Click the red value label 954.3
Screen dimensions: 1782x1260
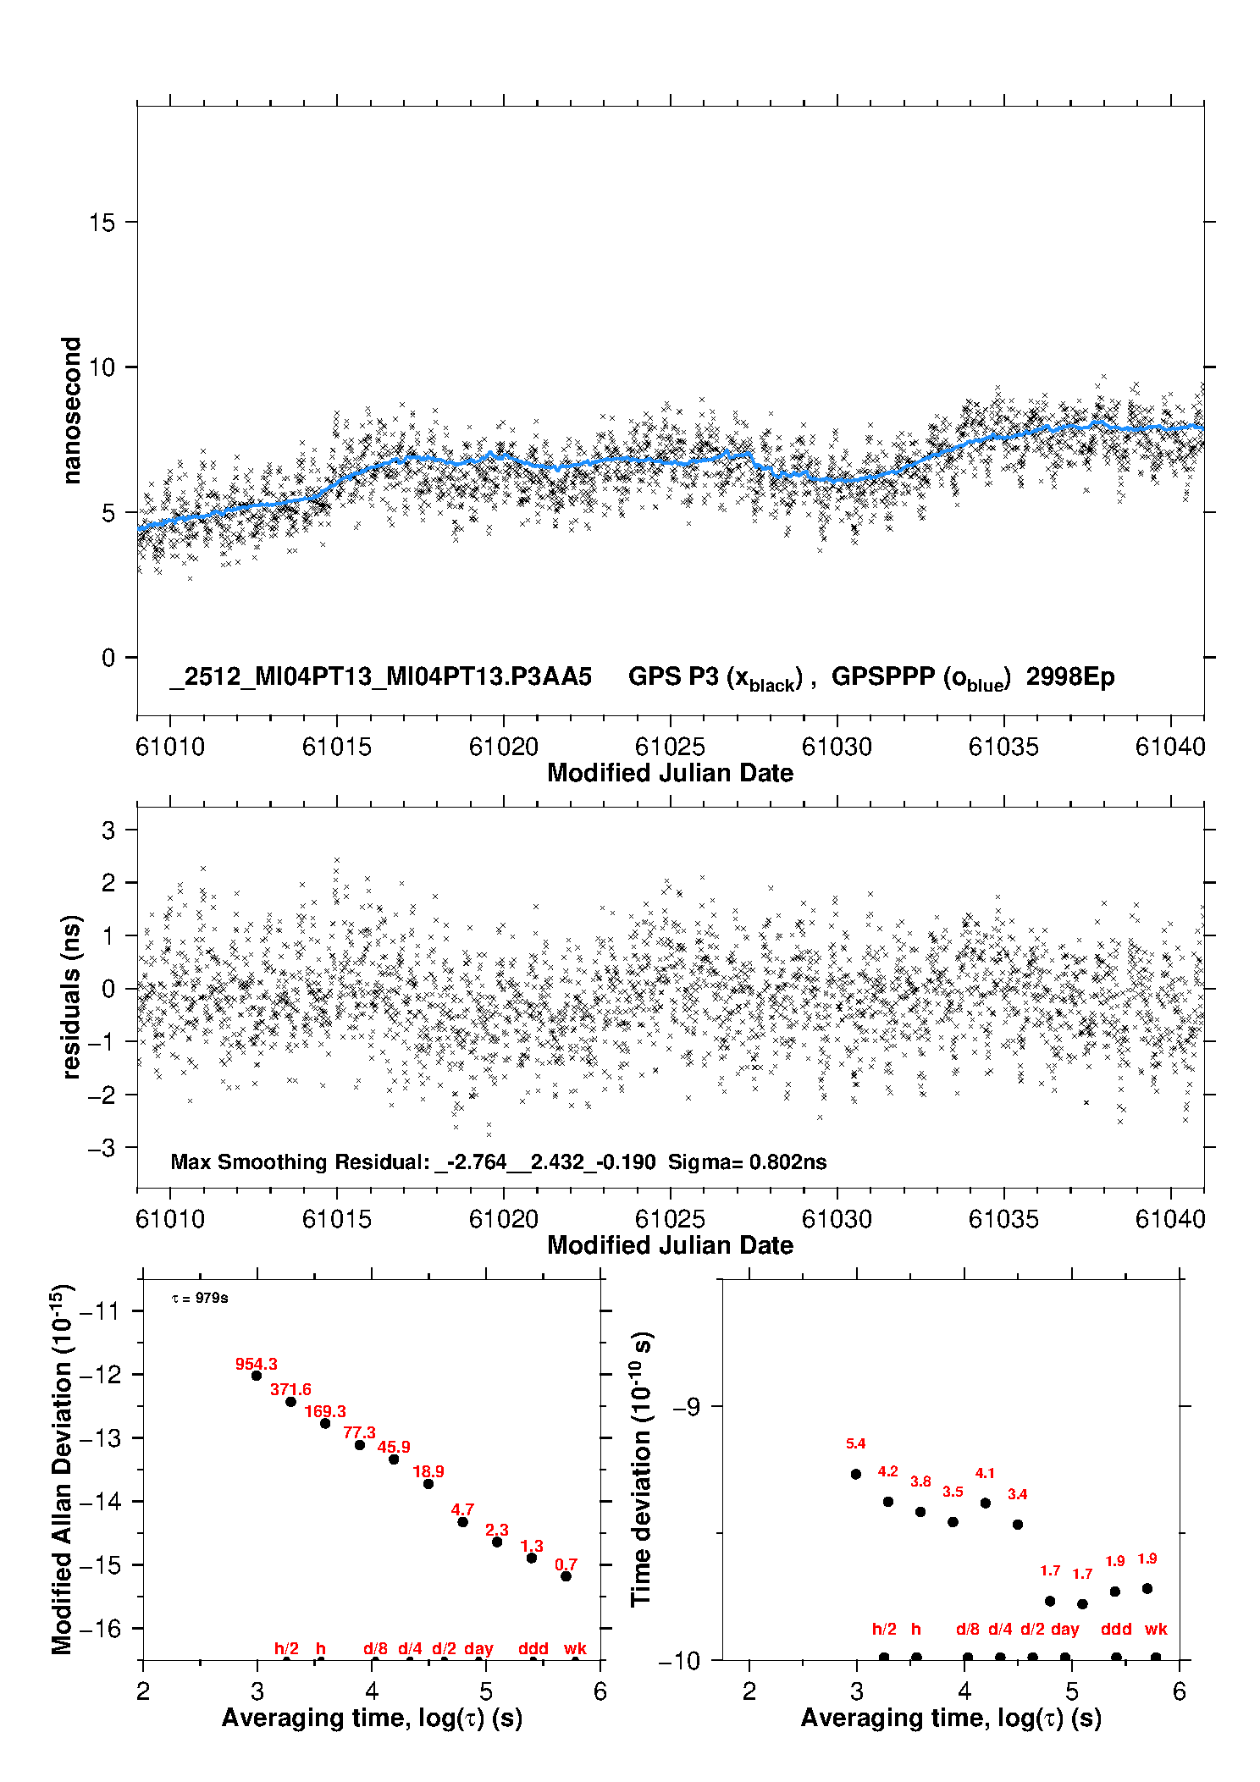click(x=256, y=1364)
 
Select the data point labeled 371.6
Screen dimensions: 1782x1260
click(x=290, y=1402)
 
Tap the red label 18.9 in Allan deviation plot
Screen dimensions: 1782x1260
click(x=428, y=1471)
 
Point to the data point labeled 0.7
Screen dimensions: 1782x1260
click(x=566, y=1576)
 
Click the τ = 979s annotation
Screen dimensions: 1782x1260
click(x=200, y=1298)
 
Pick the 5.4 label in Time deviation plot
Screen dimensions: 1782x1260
click(x=855, y=1444)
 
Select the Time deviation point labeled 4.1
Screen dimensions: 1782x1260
click(x=985, y=1503)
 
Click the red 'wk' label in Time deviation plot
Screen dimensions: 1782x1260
click(x=1156, y=1629)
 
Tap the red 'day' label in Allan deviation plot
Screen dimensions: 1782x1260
click(x=478, y=1648)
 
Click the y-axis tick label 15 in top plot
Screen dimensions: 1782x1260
click(x=102, y=223)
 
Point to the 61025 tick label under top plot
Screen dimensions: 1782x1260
click(x=670, y=747)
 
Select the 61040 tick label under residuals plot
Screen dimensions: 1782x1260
click(x=1170, y=1219)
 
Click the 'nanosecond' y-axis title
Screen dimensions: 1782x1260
click(x=71, y=411)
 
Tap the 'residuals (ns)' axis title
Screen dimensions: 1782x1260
click(x=71, y=996)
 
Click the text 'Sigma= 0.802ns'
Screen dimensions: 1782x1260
click(x=747, y=1161)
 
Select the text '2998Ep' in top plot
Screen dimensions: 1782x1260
click(x=1070, y=676)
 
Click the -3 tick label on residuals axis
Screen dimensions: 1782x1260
click(x=102, y=1148)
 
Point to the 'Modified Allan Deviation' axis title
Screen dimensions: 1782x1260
click(x=62, y=1469)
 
